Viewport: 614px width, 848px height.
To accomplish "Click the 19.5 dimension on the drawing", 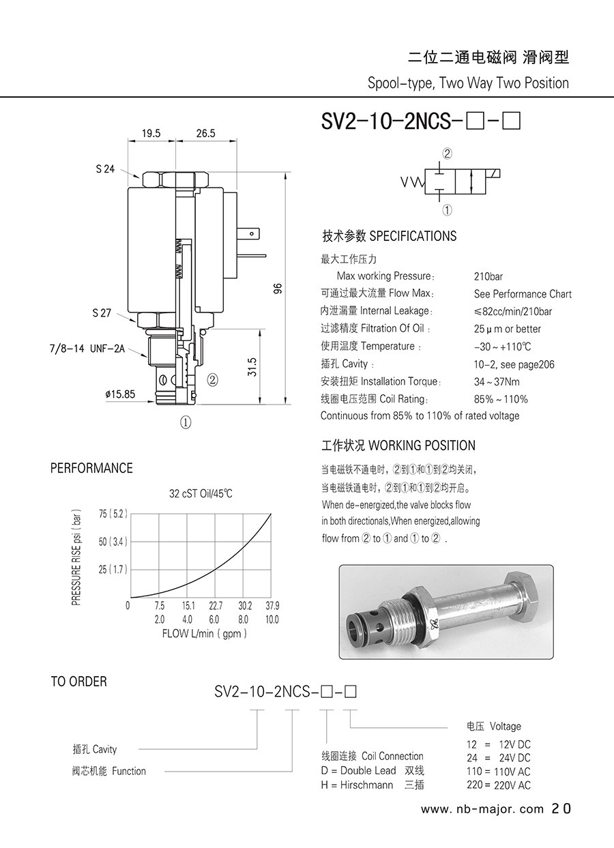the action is coord(151,133).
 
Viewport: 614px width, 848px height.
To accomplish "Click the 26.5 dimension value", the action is coord(205,133).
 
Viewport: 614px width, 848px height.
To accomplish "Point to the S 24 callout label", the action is coord(105,169).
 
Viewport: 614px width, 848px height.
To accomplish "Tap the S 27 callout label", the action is coord(102,313).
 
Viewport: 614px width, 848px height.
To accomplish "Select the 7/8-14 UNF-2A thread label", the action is coord(87,349).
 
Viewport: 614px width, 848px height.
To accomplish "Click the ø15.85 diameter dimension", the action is coord(120,394).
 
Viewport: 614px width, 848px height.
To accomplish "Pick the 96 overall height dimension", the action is coord(278,289).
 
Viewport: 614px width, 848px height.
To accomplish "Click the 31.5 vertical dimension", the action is coord(252,367).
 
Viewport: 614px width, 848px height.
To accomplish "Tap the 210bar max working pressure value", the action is coord(488,277).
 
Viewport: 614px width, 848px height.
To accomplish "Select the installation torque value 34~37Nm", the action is coord(497,381).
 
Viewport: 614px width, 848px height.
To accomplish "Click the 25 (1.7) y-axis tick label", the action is coord(113,570).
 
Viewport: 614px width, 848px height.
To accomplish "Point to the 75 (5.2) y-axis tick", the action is coord(113,514).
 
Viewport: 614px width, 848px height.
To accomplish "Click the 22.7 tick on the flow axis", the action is coord(216,606).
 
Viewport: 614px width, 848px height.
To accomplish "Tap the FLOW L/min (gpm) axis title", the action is coord(205,633).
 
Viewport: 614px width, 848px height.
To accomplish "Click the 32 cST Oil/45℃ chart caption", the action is coord(201,494).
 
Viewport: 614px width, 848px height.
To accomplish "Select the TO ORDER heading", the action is coord(78,682).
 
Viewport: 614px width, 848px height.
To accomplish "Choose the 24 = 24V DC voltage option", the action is coord(499,757).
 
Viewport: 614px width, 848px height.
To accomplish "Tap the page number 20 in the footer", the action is coord(561,808).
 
